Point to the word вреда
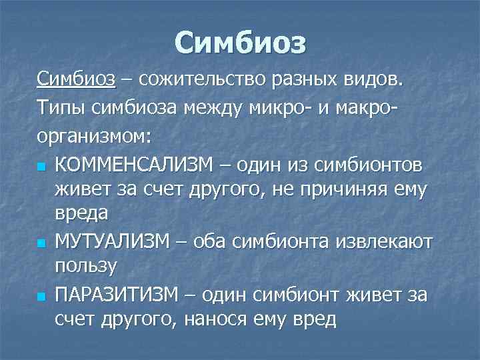(83, 215)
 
